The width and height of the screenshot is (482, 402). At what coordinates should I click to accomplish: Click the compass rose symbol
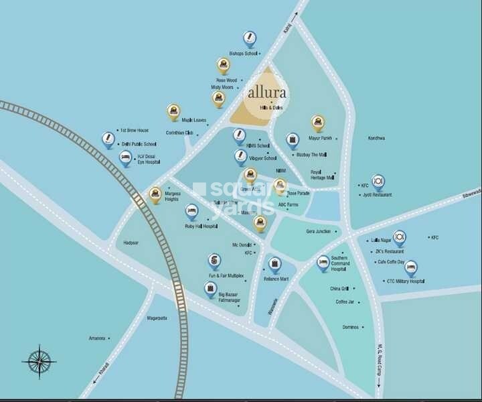tap(39, 362)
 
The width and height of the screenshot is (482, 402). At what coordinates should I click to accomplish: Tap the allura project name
tap(267, 92)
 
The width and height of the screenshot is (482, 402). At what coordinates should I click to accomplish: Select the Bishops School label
tap(243, 53)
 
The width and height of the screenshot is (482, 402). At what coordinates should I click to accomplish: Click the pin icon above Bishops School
tap(250, 38)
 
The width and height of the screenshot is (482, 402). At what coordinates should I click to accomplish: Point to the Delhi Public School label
tap(139, 143)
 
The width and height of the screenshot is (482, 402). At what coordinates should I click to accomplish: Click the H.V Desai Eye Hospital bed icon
tap(125, 158)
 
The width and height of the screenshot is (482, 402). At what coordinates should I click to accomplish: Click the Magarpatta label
tap(159, 318)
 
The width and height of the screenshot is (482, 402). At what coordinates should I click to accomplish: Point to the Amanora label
tap(98, 338)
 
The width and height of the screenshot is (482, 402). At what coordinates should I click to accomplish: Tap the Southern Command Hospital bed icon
tap(323, 262)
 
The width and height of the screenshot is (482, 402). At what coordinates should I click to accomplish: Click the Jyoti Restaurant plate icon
tap(378, 181)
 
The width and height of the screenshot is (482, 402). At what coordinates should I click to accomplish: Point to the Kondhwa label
tap(377, 138)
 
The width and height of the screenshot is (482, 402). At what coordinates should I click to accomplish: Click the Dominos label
tap(351, 327)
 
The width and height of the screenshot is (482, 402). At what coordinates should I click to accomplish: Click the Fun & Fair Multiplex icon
tap(214, 260)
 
